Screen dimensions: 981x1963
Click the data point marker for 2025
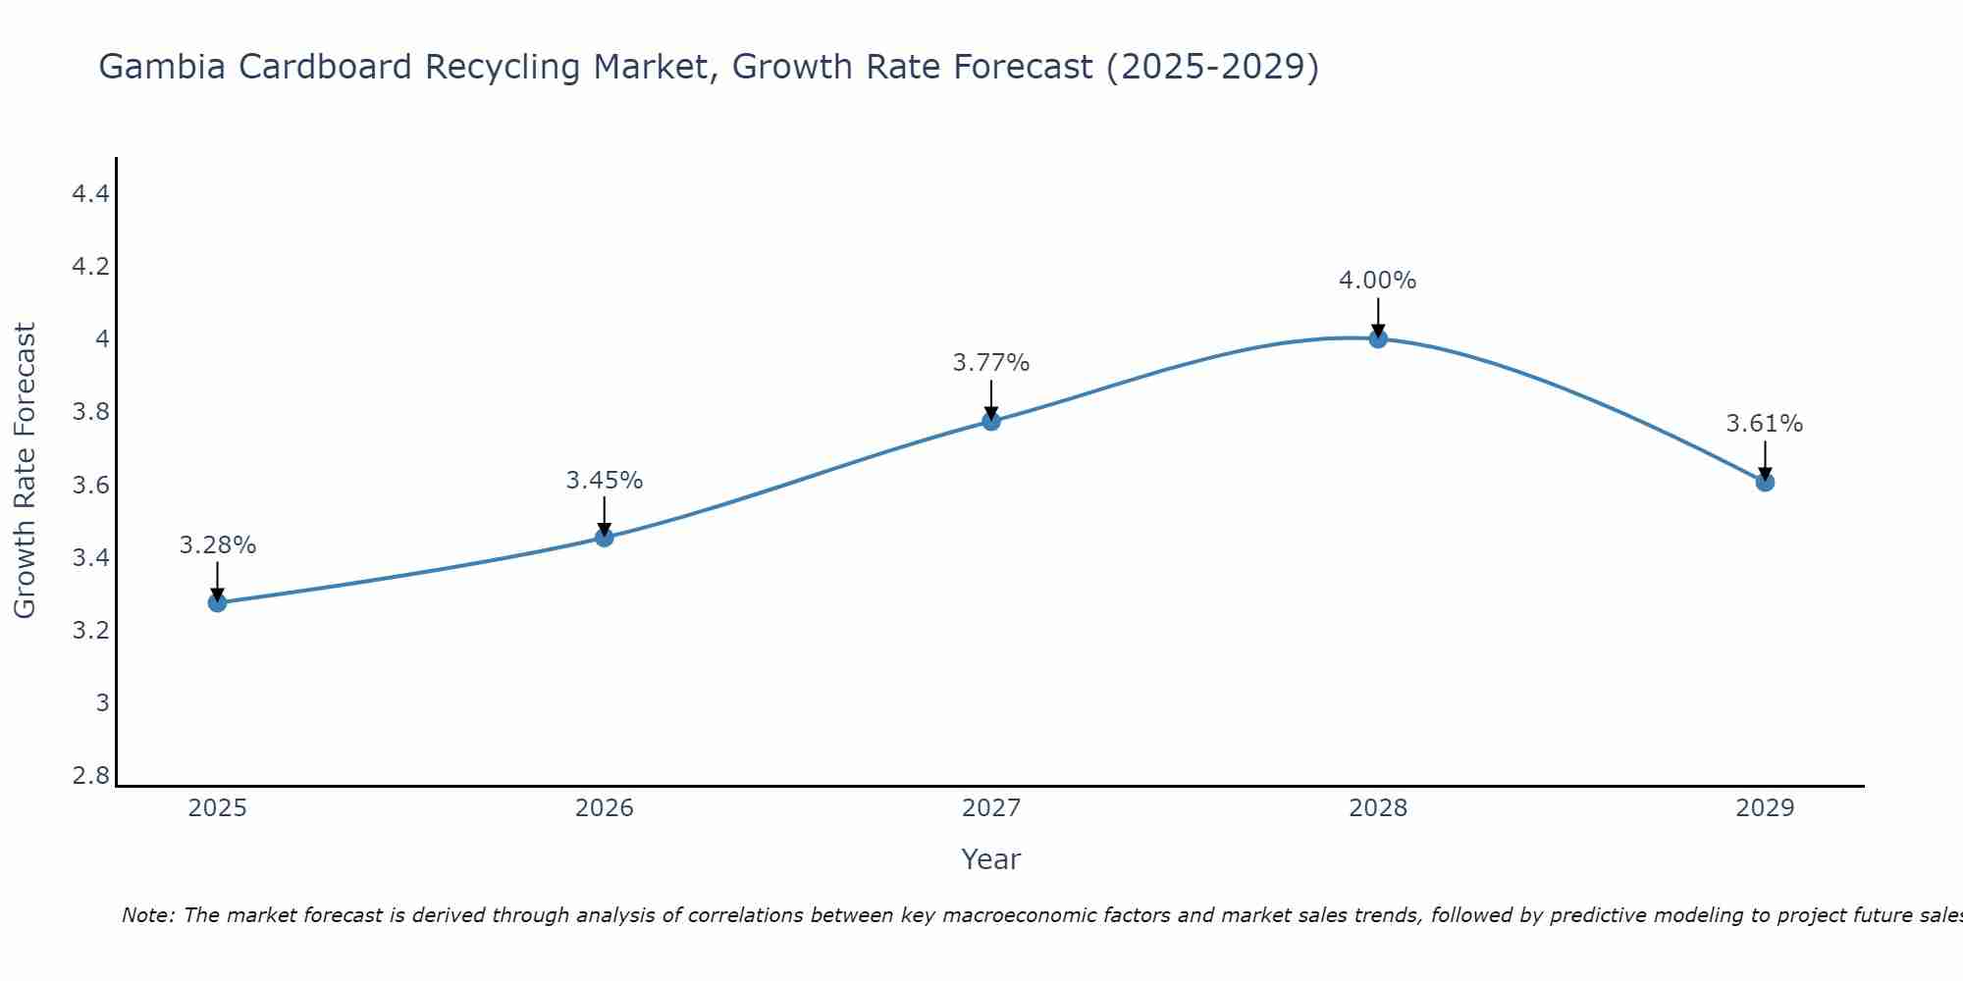tap(218, 602)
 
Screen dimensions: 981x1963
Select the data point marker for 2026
tap(605, 538)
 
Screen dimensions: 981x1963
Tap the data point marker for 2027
tap(991, 421)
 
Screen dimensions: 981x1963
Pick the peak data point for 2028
tap(1378, 338)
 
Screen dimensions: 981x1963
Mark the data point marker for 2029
tap(1765, 482)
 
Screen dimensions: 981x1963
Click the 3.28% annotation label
tap(218, 545)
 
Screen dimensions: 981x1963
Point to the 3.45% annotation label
tap(605, 481)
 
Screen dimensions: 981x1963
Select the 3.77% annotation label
tap(991, 363)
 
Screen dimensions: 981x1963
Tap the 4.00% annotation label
tap(1378, 281)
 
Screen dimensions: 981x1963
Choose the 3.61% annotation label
tap(1765, 424)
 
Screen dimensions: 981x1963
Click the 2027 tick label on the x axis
tap(991, 808)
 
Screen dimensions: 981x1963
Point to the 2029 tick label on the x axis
tap(1765, 808)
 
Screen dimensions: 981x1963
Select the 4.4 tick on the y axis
tap(90, 194)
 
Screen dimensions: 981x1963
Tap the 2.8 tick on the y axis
tap(90, 776)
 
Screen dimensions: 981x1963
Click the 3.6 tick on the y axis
tap(90, 486)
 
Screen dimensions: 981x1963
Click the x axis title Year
tap(991, 859)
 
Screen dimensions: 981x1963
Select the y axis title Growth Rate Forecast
tap(25, 471)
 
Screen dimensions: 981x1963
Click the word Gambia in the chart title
tap(159, 67)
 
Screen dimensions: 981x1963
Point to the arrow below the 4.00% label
tap(1378, 316)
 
